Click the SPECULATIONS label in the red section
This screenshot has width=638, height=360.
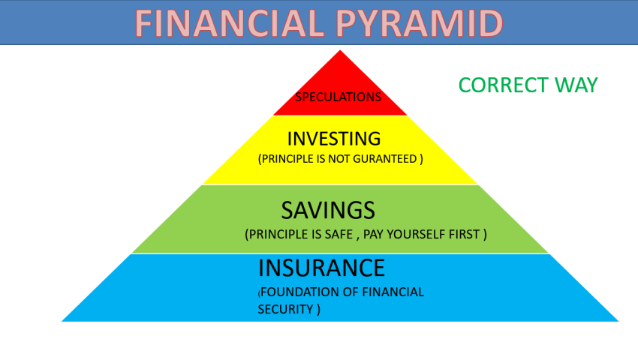338,97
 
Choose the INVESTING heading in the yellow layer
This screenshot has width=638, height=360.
334,139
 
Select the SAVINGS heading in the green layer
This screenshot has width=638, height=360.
328,210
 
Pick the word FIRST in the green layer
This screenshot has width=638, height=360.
464,235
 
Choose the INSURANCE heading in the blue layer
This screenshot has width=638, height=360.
321,268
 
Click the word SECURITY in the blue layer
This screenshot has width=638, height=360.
285,309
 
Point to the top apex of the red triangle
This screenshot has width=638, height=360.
340,50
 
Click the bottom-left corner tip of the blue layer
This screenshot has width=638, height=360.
62,321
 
